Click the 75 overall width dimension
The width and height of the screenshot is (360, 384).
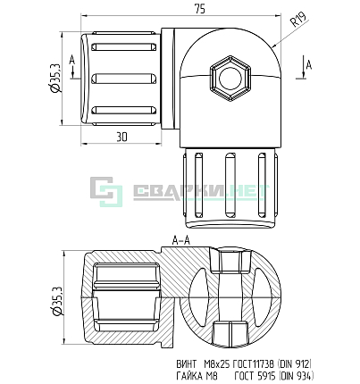200,9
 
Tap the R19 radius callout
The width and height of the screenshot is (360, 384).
298,20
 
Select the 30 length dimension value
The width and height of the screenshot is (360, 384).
121,137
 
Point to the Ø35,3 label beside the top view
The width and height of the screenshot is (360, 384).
55,78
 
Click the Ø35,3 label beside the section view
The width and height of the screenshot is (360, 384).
56,301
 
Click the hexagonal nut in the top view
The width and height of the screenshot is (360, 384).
230,79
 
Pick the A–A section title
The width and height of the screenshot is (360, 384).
180,240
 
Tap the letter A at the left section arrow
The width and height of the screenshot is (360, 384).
72,60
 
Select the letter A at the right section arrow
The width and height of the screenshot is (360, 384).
309,65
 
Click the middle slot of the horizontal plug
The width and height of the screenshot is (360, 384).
124,79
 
